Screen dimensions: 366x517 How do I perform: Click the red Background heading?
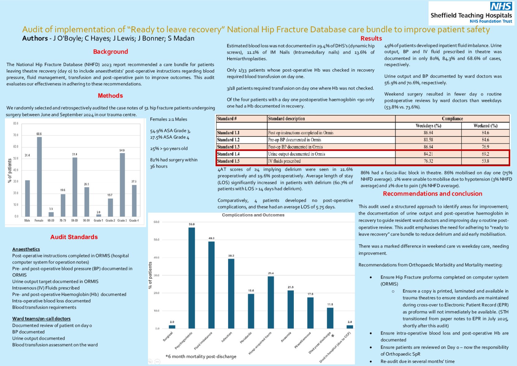(x=110, y=52)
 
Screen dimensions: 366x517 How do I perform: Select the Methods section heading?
(x=110, y=96)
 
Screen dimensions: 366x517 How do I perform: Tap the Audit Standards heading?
(x=74, y=237)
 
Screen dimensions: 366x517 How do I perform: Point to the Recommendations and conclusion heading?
(x=433, y=194)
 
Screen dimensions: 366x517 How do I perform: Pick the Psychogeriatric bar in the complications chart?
(x=191, y=278)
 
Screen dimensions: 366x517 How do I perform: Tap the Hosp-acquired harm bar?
(x=271, y=302)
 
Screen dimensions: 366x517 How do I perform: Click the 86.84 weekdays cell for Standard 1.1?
(x=428, y=133)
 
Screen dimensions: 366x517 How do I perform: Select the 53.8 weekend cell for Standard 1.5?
(x=485, y=161)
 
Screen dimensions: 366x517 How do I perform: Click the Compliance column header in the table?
(x=452, y=119)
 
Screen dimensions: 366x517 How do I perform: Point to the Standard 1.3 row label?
(x=228, y=147)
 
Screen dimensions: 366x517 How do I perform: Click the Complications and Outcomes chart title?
(x=253, y=215)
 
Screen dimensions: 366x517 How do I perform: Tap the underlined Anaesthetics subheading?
(x=26, y=249)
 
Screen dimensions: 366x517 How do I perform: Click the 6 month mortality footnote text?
(x=201, y=356)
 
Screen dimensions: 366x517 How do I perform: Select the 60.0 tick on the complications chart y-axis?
(x=156, y=222)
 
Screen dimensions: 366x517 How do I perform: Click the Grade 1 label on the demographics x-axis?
(x=98, y=220)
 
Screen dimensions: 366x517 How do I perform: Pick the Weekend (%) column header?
(x=485, y=126)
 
